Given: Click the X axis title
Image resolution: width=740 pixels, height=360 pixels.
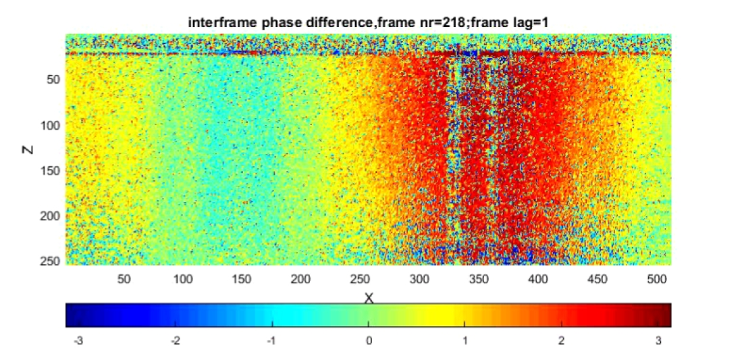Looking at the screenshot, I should (369, 298).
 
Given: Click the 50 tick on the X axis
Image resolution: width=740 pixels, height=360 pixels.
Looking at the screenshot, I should (124, 278).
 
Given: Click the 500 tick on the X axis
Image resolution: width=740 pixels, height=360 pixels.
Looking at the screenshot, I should (656, 278).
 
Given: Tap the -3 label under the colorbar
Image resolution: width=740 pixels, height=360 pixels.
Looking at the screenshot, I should (78, 341).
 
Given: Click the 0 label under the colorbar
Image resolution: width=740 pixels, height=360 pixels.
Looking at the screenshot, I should (369, 341).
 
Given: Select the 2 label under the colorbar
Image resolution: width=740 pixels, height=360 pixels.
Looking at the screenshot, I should (561, 341).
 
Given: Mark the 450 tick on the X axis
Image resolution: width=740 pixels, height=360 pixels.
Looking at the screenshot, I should (597, 278).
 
